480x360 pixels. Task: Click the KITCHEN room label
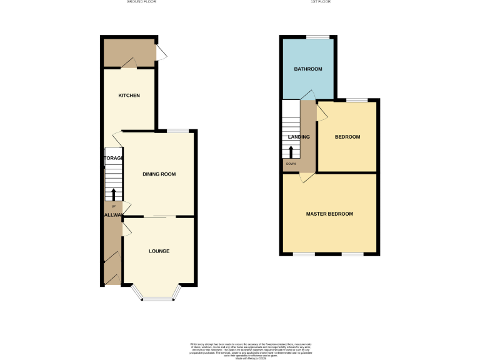[129, 96]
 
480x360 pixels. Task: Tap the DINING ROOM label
[159, 174]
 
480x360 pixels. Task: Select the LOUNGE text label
[159, 251]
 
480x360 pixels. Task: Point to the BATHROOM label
[308, 69]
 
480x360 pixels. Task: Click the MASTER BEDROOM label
[329, 214]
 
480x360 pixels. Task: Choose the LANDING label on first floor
[299, 137]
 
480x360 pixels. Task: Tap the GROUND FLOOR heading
[141, 2]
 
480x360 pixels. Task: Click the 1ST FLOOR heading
[320, 2]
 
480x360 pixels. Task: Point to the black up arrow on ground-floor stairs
[114, 195]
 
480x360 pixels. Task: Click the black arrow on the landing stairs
[291, 152]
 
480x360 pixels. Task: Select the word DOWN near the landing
[291, 164]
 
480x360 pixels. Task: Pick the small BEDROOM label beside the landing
[347, 137]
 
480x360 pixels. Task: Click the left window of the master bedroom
[304, 254]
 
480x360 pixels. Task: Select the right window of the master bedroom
[352, 254]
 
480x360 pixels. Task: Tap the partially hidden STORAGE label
[113, 158]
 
